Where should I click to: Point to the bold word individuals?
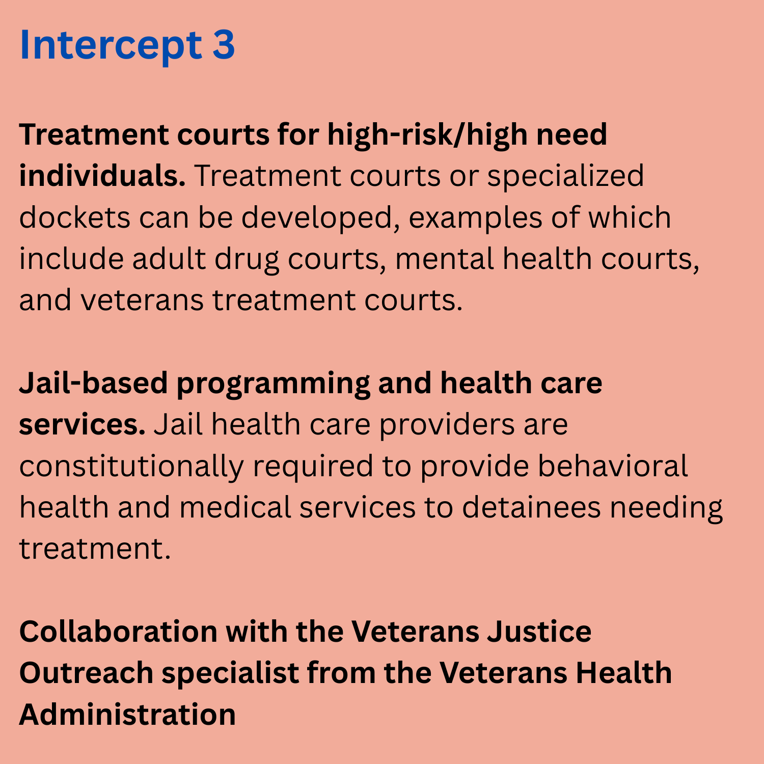point(102,176)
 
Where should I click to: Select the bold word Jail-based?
point(93,383)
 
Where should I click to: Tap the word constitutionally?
point(131,467)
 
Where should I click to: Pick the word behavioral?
point(613,466)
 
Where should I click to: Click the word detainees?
point(532,508)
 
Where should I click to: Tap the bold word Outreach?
point(86,673)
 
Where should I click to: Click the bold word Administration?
point(127,714)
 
